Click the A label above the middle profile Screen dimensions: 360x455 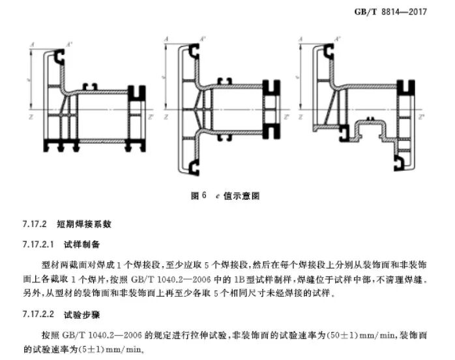[x=168, y=40]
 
